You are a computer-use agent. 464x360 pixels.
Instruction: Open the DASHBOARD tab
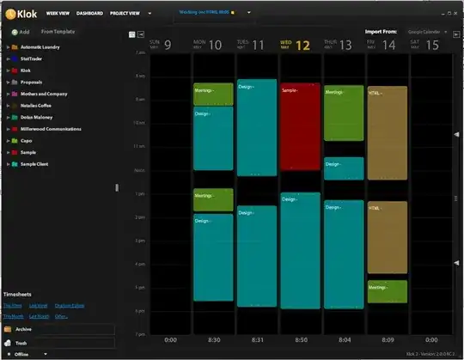(x=89, y=14)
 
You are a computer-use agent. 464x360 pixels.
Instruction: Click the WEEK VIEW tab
(x=58, y=14)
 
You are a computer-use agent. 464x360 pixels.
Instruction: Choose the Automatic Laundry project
(x=40, y=46)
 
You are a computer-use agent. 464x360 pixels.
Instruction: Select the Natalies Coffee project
(x=37, y=105)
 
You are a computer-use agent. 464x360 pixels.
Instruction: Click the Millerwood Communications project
(x=50, y=128)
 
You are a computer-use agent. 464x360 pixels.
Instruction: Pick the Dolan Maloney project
(x=36, y=116)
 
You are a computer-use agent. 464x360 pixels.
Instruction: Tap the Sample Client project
(x=34, y=162)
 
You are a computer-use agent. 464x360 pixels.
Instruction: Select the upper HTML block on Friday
(x=387, y=133)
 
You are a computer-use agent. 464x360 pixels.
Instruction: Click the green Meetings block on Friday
(x=387, y=290)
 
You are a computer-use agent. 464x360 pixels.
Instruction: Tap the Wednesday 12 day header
(x=300, y=44)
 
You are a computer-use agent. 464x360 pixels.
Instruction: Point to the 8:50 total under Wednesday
(x=300, y=339)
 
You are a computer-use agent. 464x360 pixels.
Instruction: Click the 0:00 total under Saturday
(x=429, y=339)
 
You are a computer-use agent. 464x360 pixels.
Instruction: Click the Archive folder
(x=24, y=328)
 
